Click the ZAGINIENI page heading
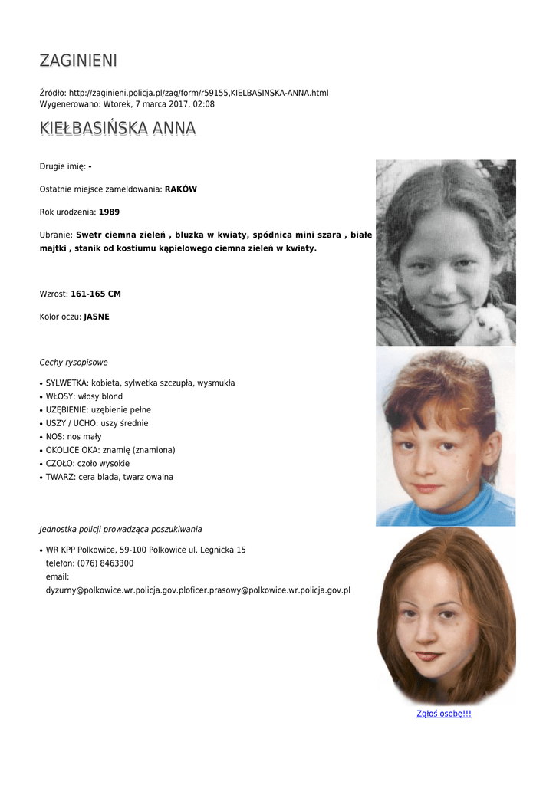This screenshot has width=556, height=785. tap(78, 61)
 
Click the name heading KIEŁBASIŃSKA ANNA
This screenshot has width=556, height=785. tap(117, 128)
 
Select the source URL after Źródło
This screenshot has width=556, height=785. tap(199, 93)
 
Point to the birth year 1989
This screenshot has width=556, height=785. tap(109, 212)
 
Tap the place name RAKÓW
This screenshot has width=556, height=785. tap(181, 189)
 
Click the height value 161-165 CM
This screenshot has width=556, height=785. tap(96, 294)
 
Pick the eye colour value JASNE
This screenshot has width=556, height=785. tap(97, 317)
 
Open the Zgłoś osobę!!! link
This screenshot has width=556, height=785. tap(443, 714)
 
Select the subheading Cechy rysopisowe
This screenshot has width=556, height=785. tap(74, 363)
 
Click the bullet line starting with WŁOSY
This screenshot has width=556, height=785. tap(84, 396)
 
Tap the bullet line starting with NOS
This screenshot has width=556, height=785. tap(74, 437)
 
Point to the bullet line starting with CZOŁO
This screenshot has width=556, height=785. tap(87, 464)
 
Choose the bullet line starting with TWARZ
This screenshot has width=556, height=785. tap(109, 477)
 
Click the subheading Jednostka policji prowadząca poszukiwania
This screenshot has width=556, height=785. tap(120, 529)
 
